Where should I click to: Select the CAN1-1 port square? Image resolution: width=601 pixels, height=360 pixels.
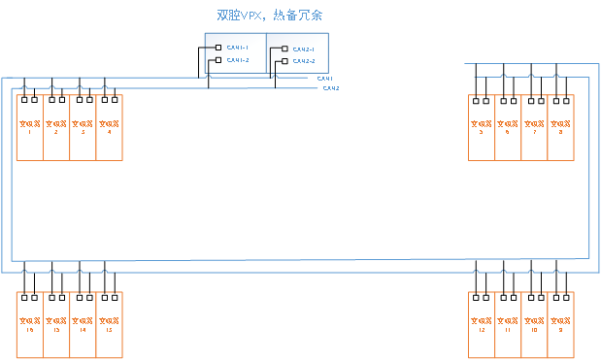click(x=218, y=47)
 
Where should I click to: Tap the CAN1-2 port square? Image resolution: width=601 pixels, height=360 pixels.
click(x=218, y=60)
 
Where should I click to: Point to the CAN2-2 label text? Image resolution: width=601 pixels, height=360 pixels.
click(x=303, y=61)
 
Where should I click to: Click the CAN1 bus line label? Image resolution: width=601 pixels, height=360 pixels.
click(x=325, y=78)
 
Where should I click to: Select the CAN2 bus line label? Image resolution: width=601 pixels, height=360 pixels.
click(x=330, y=88)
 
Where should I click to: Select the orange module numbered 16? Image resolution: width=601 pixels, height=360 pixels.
click(x=30, y=325)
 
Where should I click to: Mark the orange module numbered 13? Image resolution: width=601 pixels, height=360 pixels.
click(x=109, y=325)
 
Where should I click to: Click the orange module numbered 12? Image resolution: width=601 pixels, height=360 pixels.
click(x=482, y=325)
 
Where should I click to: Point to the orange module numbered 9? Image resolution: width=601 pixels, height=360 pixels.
click(x=560, y=325)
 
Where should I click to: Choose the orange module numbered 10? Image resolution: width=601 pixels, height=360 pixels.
click(x=534, y=325)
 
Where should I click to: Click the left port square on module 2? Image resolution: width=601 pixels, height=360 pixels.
click(x=51, y=99)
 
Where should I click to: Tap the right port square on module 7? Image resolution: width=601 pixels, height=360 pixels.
click(x=540, y=99)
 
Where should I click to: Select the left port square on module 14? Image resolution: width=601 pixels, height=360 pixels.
click(x=78, y=297)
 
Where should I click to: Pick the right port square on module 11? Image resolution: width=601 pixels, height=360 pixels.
click(x=514, y=297)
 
